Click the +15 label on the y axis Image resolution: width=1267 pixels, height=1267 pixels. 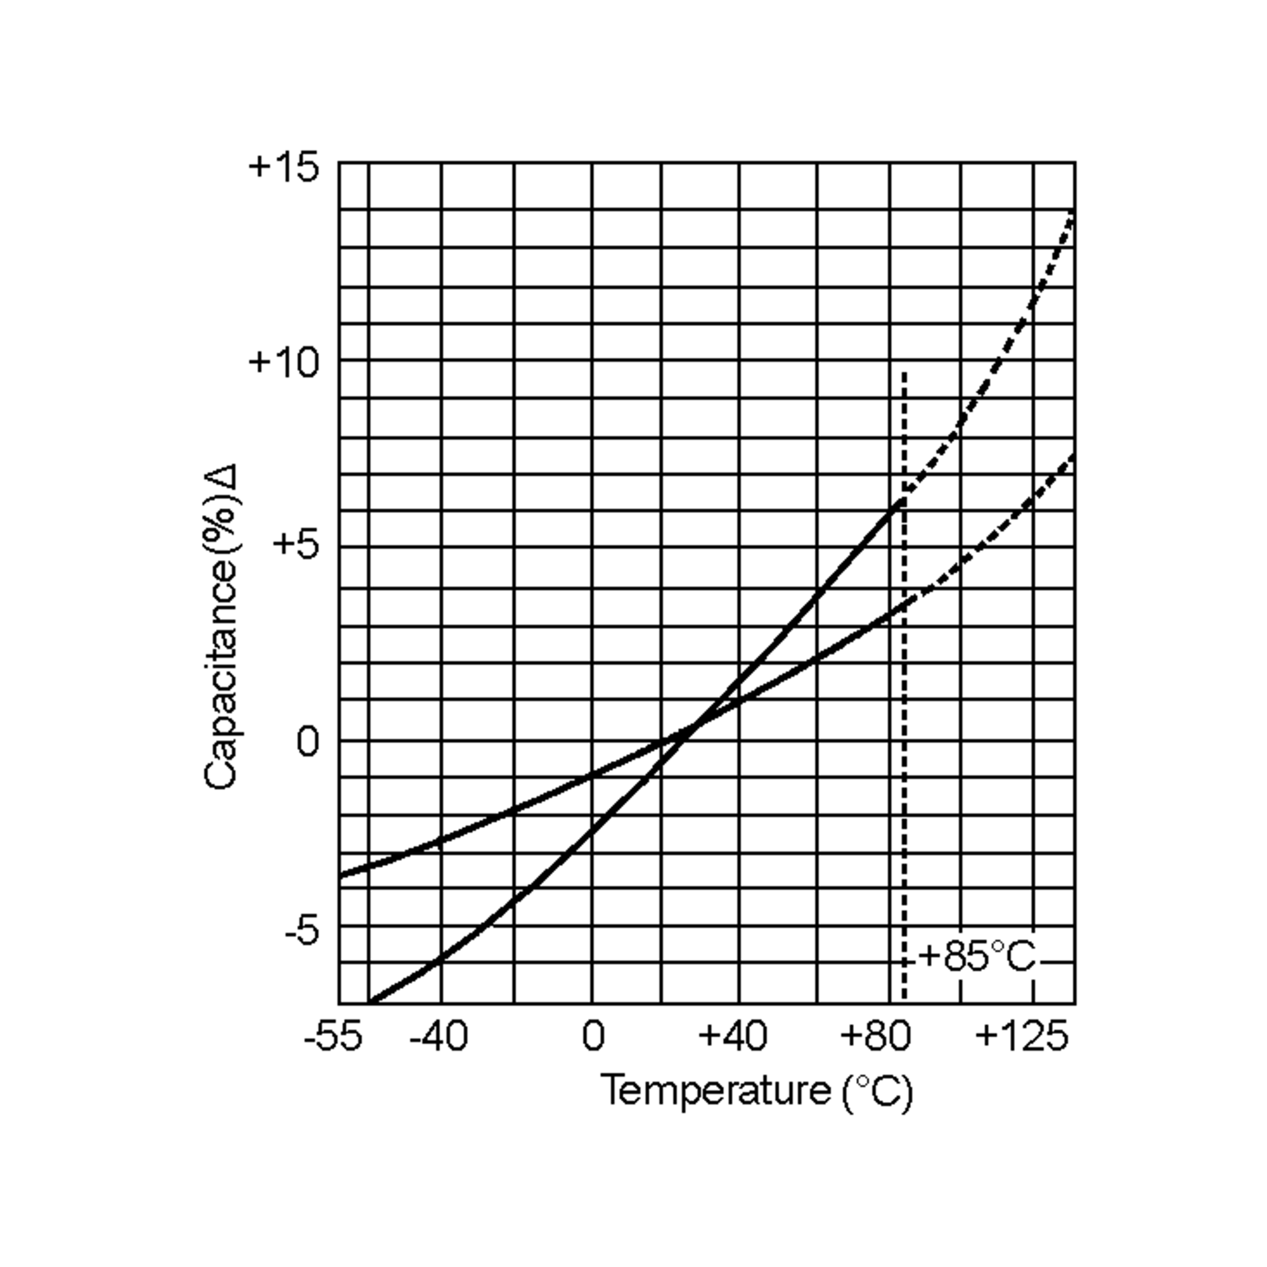click(284, 167)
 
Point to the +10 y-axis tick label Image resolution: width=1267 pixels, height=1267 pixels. click(284, 362)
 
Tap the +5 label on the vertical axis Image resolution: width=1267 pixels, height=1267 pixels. click(296, 544)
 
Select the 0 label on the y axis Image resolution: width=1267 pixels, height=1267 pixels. click(308, 742)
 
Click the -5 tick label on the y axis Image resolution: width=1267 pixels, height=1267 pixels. click(301, 931)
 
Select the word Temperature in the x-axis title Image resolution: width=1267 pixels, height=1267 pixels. click(715, 1091)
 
